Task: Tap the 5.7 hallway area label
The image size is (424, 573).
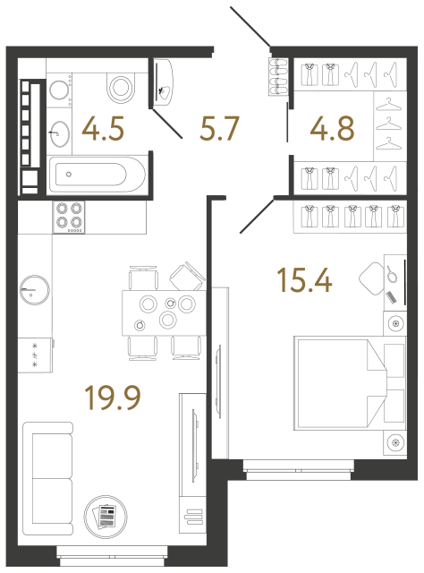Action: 218,131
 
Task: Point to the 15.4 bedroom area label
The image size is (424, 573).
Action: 304,281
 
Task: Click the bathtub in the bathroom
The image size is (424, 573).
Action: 98,174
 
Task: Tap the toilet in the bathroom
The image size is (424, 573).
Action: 119,85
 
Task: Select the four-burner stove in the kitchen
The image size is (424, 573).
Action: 70,216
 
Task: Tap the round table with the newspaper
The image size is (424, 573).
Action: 105,517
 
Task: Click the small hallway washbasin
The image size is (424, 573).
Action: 164,85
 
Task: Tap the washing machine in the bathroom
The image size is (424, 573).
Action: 60,90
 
